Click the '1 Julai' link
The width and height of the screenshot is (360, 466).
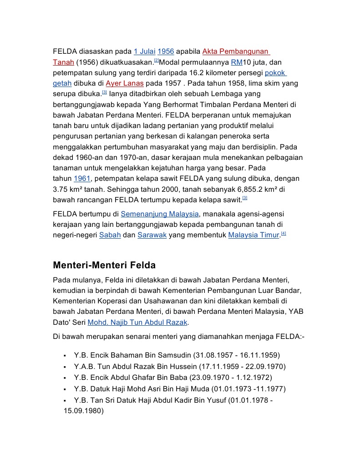click(144, 51)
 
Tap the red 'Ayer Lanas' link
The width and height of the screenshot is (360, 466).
click(125, 83)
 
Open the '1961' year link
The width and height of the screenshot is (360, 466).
click(82, 178)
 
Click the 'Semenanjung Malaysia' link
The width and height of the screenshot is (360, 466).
click(160, 214)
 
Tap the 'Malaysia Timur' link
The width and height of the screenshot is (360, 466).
click(253, 235)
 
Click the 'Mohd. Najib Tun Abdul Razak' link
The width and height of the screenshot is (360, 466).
click(137, 323)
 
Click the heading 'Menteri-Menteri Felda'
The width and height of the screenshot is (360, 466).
click(104, 265)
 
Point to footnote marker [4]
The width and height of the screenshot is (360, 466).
click(284, 234)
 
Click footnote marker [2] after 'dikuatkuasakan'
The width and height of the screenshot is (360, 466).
click(156, 61)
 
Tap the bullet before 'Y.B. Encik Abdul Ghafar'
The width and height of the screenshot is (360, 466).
click(66, 378)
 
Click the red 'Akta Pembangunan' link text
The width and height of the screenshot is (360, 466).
click(236, 51)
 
